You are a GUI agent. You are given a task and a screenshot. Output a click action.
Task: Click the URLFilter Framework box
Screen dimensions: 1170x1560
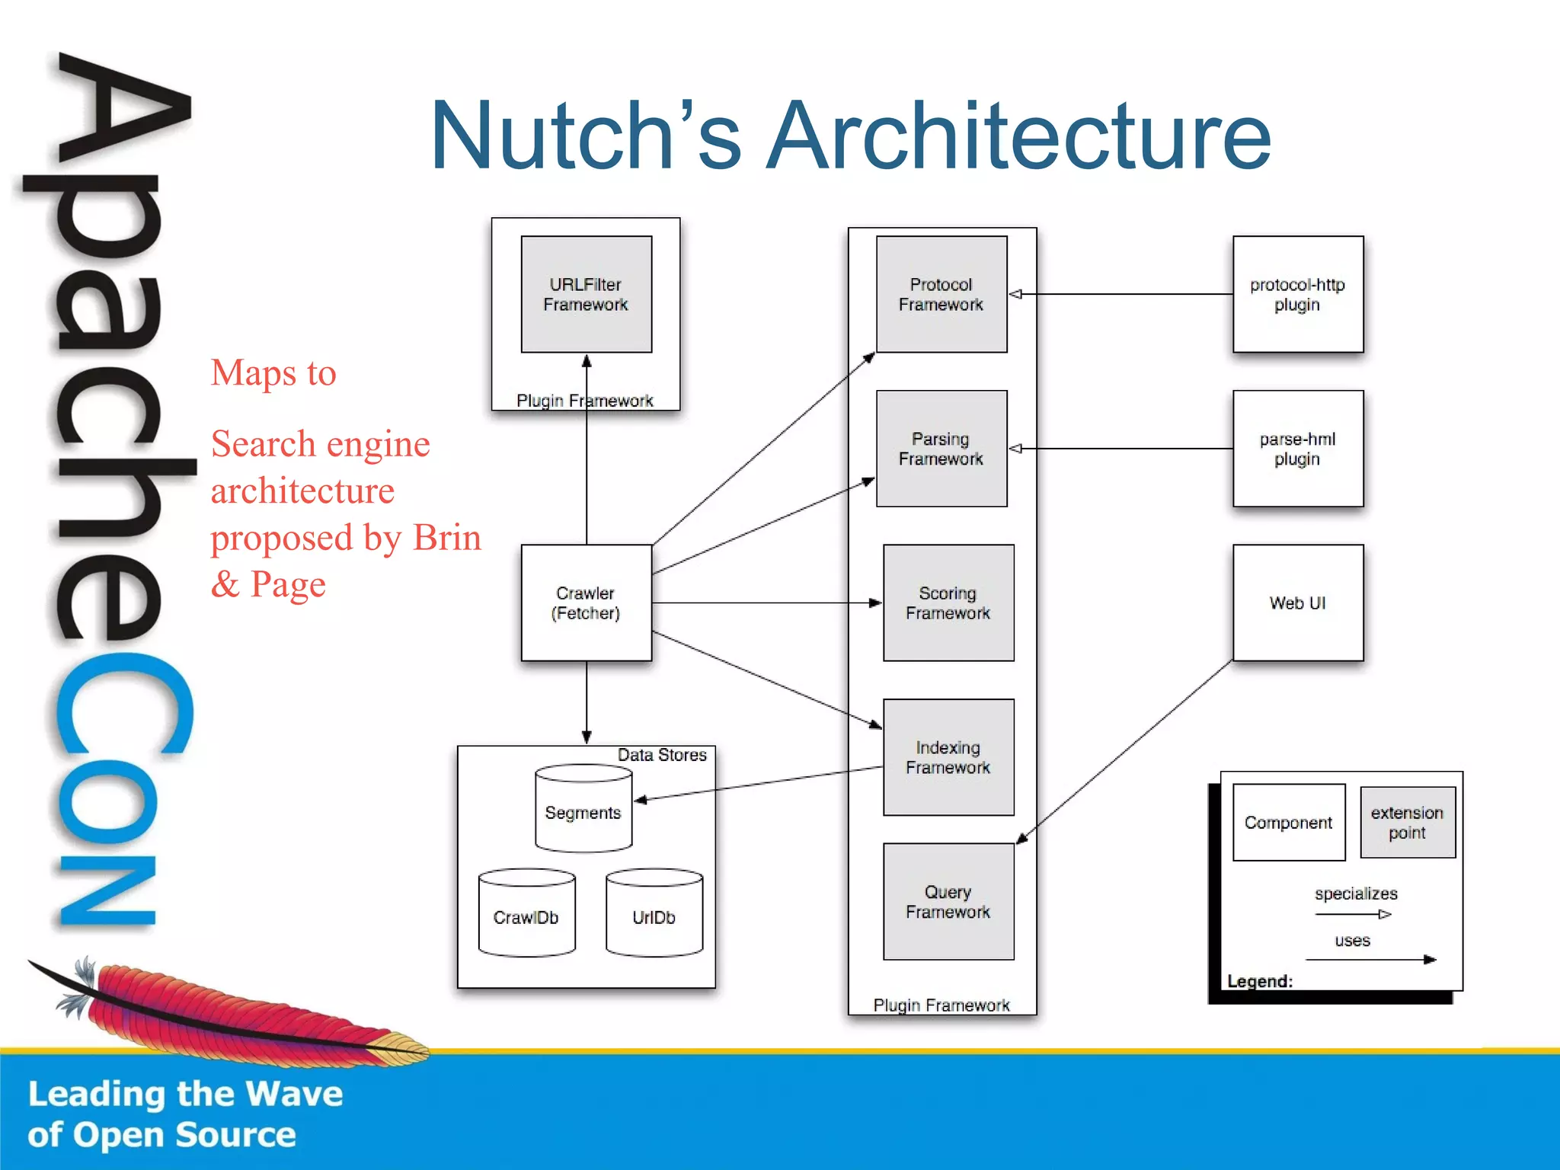click(586, 294)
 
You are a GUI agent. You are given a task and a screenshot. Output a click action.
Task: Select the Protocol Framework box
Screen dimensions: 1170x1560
click(941, 294)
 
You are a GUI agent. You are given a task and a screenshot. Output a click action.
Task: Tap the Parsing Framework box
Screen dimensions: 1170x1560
click(941, 449)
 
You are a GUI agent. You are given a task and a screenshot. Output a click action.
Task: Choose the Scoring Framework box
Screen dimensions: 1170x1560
click(948, 603)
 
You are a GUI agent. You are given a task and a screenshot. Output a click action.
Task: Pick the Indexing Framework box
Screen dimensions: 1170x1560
click(948, 757)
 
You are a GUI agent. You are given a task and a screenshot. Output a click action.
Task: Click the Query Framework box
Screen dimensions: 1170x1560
click(948, 901)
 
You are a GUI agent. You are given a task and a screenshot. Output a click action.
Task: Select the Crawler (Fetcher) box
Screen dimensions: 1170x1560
click(586, 603)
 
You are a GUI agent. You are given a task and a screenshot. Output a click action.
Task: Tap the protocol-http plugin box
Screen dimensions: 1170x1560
click(1298, 294)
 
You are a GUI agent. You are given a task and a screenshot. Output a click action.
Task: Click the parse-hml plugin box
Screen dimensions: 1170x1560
click(1298, 449)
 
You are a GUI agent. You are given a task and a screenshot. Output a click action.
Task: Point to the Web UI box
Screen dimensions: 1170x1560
click(1298, 603)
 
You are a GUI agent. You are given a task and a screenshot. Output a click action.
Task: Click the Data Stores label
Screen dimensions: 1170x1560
click(662, 755)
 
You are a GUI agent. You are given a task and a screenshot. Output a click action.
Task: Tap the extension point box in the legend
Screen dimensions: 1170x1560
click(1408, 823)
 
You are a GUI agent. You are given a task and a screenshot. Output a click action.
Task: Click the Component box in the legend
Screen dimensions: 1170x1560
click(1289, 823)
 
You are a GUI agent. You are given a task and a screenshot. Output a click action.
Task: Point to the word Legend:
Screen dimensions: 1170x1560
click(1260, 981)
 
